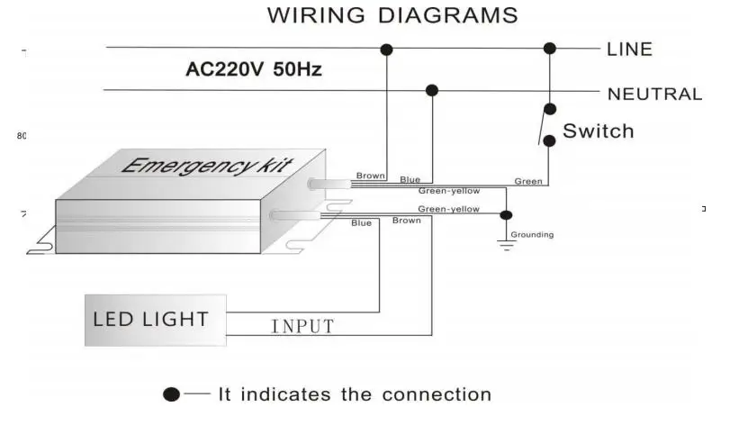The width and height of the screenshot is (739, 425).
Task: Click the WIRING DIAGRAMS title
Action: click(392, 15)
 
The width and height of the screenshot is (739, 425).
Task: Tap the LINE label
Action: click(629, 49)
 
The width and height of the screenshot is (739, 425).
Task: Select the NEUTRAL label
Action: click(654, 94)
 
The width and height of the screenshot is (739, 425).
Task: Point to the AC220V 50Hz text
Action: click(254, 69)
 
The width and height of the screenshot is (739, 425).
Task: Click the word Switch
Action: click(598, 131)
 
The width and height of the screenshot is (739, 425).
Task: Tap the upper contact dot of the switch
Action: click(548, 110)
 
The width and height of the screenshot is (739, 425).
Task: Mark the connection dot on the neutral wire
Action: click(432, 90)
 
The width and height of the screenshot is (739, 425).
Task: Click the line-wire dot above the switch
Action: click(549, 48)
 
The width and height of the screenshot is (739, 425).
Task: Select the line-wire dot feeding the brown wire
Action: click(386, 49)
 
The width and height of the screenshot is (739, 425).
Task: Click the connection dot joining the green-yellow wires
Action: click(506, 215)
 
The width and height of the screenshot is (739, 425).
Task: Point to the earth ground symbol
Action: click(506, 244)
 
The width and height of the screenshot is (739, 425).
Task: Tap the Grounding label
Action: click(532, 235)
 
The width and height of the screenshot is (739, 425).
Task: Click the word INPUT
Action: click(302, 326)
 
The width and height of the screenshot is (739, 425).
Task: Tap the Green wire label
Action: click(528, 181)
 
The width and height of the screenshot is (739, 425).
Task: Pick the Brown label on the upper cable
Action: click(370, 176)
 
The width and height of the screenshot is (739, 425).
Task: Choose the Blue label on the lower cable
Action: click(361, 222)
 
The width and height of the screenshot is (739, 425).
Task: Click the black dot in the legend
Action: click(172, 395)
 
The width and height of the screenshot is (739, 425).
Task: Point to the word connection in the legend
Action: click(437, 394)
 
